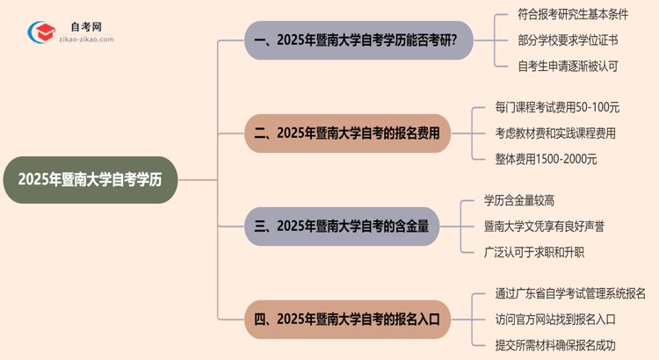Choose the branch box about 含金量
click(x=352, y=226)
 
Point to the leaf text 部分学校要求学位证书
click(x=568, y=40)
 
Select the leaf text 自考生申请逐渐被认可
click(x=568, y=64)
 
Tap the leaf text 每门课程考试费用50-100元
click(x=557, y=108)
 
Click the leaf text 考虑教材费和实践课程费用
click(x=555, y=133)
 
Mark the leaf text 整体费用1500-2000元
click(x=546, y=159)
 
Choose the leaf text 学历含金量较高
click(x=519, y=201)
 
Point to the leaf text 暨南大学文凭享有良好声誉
click(x=544, y=226)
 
